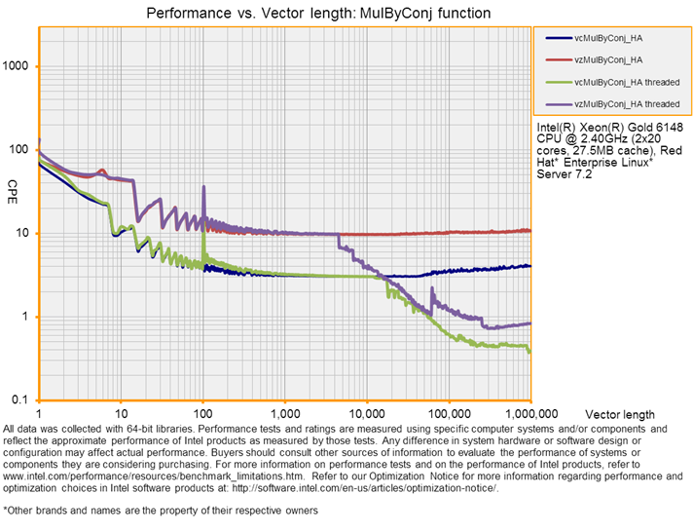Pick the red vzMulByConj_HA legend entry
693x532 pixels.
(608, 59)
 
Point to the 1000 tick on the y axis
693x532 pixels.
(18, 66)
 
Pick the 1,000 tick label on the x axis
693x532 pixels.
(284, 414)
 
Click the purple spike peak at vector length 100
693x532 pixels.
(203, 186)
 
